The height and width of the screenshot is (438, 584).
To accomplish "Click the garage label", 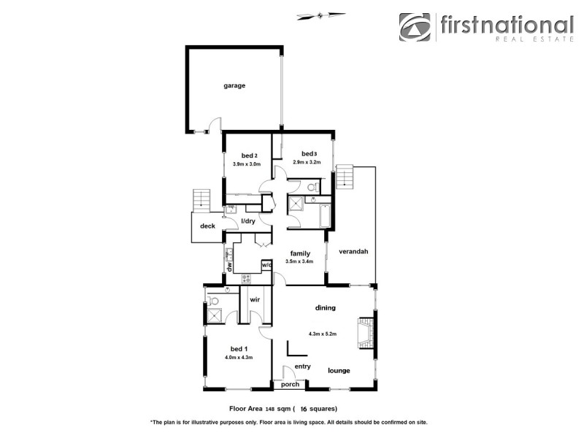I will [x=234, y=85].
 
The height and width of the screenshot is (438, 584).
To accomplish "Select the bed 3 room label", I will [x=309, y=153].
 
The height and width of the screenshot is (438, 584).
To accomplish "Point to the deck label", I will [x=207, y=226].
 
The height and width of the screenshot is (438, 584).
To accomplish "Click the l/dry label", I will [x=247, y=220].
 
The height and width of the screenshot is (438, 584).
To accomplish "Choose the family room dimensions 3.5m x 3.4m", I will [x=299, y=261].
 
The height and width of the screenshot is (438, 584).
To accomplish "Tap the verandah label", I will [x=353, y=251].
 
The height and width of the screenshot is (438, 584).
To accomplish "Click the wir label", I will [x=255, y=300].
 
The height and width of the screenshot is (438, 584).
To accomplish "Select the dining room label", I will [x=325, y=308].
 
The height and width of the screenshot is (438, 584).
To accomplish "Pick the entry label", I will [x=302, y=366].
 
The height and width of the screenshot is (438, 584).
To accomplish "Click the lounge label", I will [x=340, y=370].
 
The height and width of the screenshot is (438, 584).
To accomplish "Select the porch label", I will [x=291, y=384].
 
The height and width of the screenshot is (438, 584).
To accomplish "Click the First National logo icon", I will [x=415, y=28].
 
